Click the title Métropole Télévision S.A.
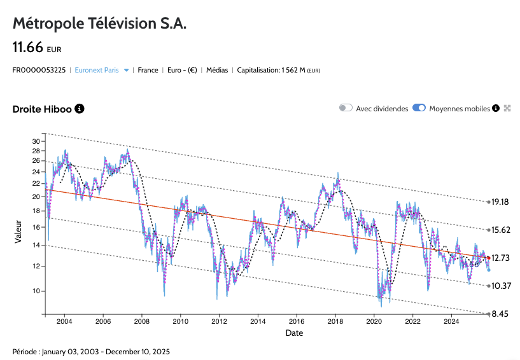click(99, 24)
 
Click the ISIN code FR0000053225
click(39, 70)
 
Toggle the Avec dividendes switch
click(346, 108)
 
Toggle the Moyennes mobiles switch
click(419, 108)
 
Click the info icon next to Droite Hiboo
click(80, 109)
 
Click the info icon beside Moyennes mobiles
click(496, 109)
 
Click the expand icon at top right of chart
click(507, 109)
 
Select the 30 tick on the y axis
click(36, 141)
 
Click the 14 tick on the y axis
click(36, 245)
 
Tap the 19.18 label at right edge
click(500, 202)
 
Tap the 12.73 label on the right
click(501, 258)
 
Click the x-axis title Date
click(294, 333)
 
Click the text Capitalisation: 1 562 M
click(278, 70)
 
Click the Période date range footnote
click(91, 351)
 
